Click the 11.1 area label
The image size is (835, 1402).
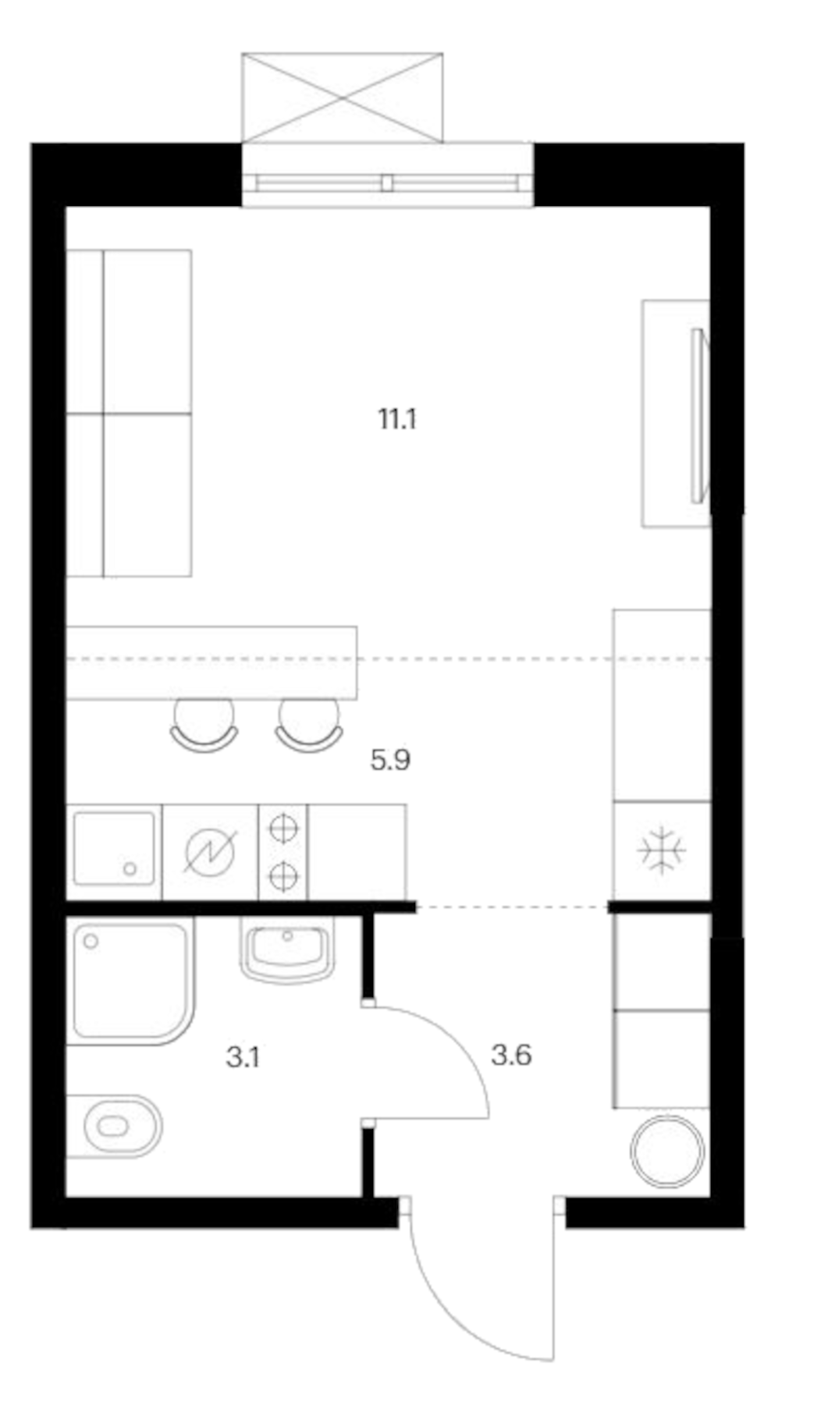click(x=397, y=420)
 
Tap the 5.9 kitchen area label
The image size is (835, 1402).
click(x=390, y=759)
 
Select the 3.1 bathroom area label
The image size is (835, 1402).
click(x=243, y=1058)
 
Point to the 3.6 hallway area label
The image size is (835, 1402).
click(x=511, y=1056)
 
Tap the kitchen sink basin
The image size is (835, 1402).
click(x=114, y=849)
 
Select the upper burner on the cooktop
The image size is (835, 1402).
click(x=283, y=828)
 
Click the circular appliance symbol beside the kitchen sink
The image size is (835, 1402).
click(x=210, y=851)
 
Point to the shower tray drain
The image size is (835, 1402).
click(x=91, y=942)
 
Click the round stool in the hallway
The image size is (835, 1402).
click(x=667, y=1152)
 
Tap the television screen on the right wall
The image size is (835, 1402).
click(x=699, y=415)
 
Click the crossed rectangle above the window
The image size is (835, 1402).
click(x=342, y=98)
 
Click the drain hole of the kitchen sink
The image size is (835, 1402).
click(x=130, y=868)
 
